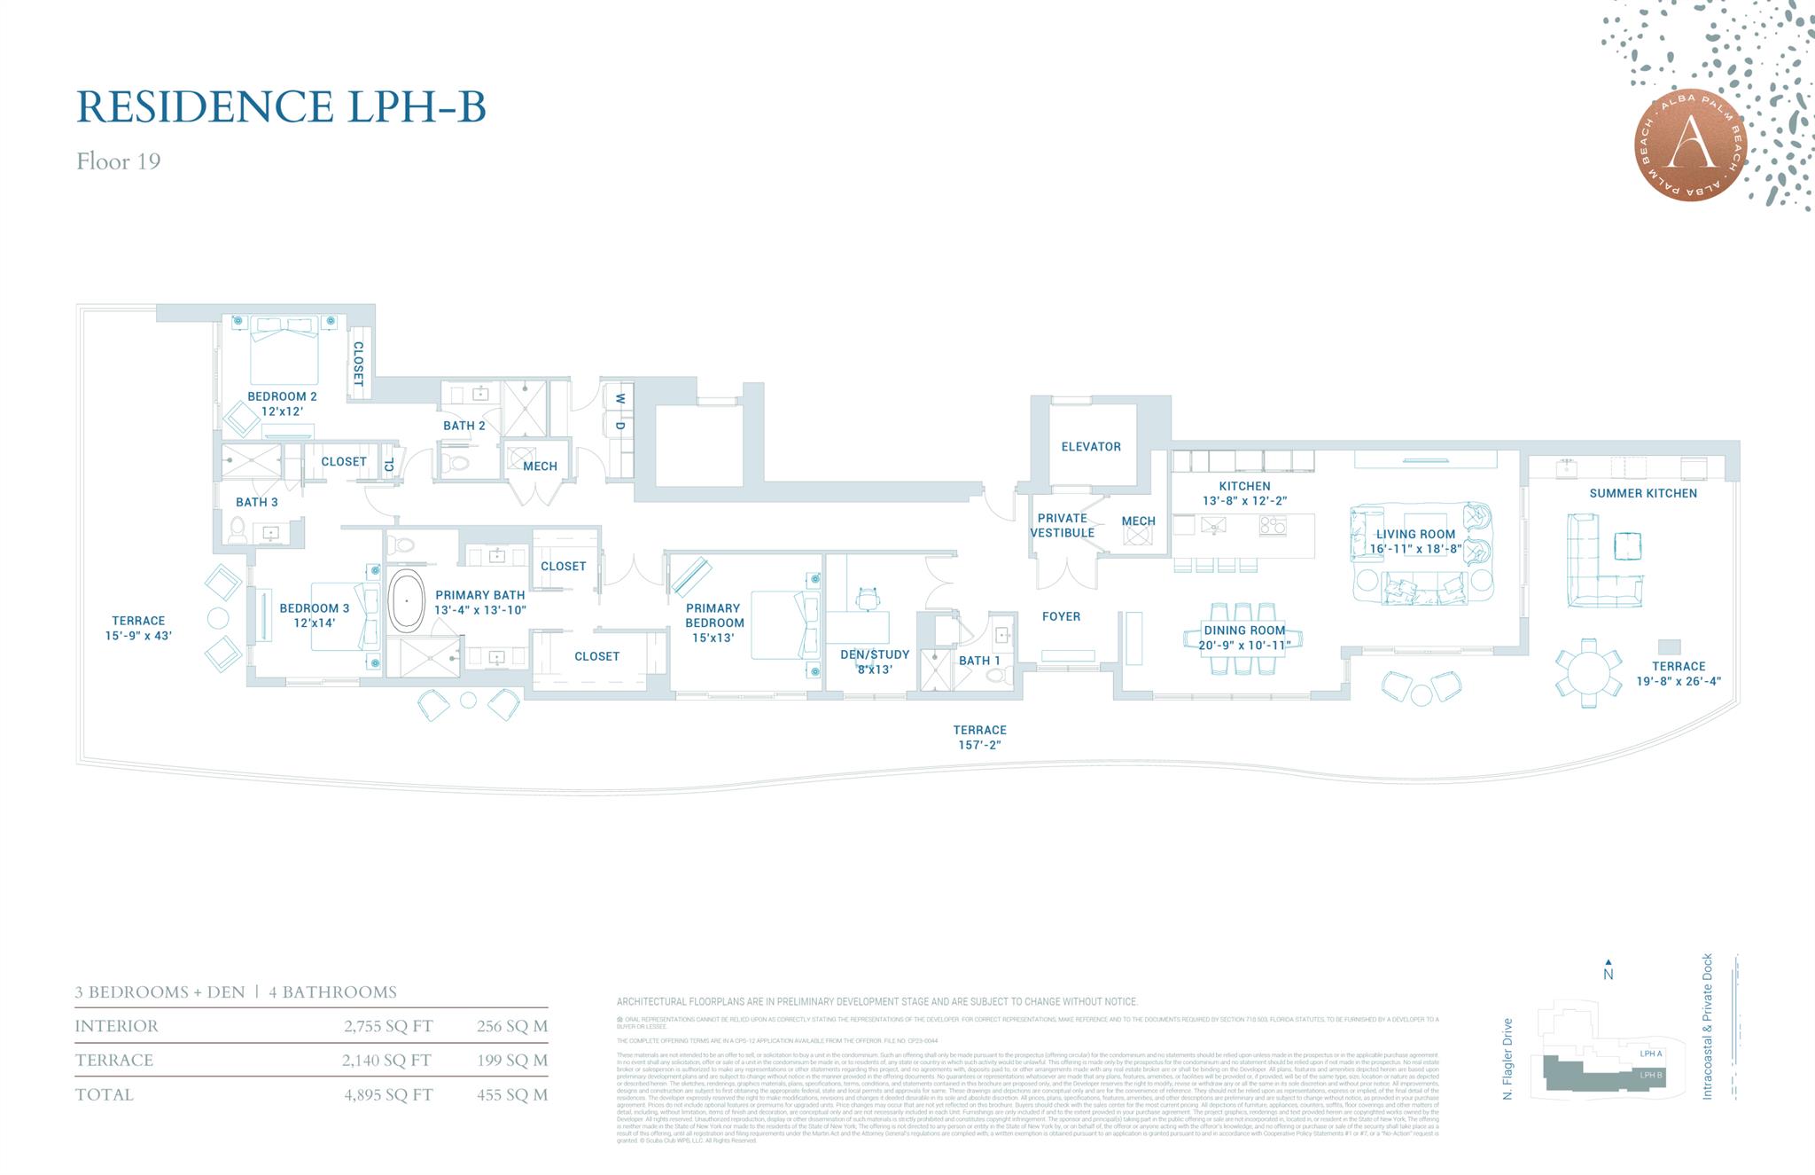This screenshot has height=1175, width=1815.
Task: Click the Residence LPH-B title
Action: [281, 106]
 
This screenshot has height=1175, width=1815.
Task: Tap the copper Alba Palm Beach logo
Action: [1690, 146]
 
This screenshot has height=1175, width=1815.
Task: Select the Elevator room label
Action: [1091, 447]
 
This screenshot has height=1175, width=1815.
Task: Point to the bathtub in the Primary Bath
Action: [407, 600]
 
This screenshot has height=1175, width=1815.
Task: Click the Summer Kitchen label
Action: [1643, 493]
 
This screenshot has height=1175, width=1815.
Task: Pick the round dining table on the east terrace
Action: [1588, 673]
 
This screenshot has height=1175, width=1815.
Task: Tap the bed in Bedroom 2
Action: [284, 350]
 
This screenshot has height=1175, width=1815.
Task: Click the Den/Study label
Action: [875, 654]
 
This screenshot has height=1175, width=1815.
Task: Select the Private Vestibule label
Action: [1062, 525]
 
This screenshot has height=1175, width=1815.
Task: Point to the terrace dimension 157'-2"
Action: [979, 745]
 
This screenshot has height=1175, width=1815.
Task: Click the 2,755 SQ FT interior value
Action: [388, 1026]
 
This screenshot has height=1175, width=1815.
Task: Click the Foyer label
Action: [1061, 616]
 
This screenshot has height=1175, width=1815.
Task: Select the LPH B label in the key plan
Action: [1651, 1075]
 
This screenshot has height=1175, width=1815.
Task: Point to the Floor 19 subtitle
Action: [118, 161]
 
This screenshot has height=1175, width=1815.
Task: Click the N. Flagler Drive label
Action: [1507, 1059]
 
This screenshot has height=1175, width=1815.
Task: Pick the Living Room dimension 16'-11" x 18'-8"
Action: [1415, 549]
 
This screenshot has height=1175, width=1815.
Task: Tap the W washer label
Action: [620, 398]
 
